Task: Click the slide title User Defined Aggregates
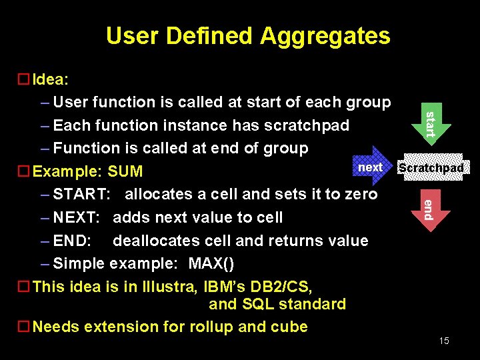pyautogui.click(x=248, y=35)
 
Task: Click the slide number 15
pyautogui.click(x=444, y=341)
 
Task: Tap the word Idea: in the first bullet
pyautogui.click(x=51, y=79)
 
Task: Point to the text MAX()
pyautogui.click(x=211, y=264)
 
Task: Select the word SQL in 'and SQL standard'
pyautogui.click(x=256, y=305)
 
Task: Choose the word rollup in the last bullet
pyautogui.click(x=211, y=327)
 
